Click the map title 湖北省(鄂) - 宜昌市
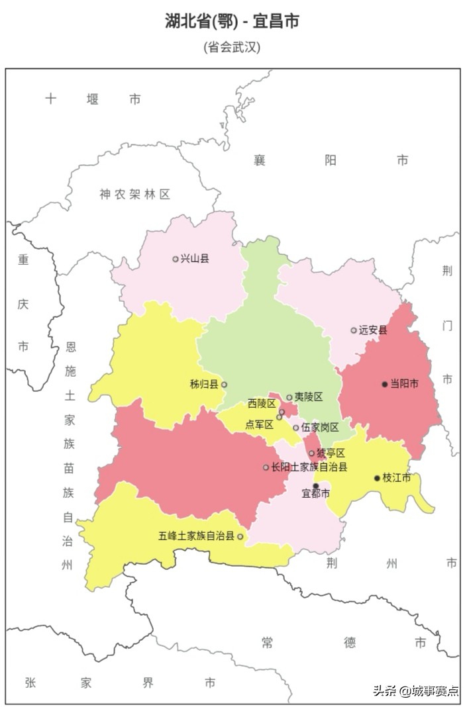click(232, 21)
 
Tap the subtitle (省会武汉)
click(232, 47)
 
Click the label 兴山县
click(195, 259)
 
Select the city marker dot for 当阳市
click(384, 384)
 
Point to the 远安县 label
click(373, 330)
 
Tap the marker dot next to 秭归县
click(224, 385)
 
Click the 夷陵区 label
click(309, 397)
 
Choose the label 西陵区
click(262, 404)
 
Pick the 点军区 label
click(259, 424)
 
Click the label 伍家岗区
click(320, 428)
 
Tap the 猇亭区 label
click(331, 453)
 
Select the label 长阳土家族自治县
click(309, 467)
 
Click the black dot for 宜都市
click(315, 486)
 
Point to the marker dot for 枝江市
click(377, 478)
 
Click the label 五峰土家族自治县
click(196, 536)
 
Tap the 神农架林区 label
click(134, 194)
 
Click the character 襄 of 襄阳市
click(259, 160)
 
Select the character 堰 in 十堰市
click(93, 99)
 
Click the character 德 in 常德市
click(350, 642)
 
